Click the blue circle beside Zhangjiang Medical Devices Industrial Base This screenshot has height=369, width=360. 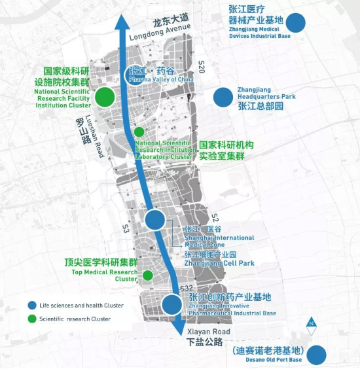click(297, 23)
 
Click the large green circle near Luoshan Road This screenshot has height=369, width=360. click(104, 97)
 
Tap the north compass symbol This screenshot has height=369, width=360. click(312, 322)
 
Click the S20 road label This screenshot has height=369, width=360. click(201, 67)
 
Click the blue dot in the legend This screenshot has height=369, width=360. click(31, 306)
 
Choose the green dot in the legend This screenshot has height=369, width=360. click(31, 319)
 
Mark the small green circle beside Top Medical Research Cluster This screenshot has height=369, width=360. click(148, 275)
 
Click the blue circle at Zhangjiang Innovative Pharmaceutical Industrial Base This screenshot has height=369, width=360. click(171, 304)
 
